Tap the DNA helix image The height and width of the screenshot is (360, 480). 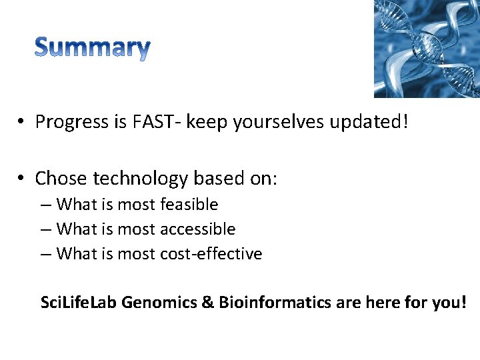427,49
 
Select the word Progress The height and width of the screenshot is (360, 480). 72,122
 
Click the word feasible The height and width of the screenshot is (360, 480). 189,204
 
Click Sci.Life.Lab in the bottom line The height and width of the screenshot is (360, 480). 79,303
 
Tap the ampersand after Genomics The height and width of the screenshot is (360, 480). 207,303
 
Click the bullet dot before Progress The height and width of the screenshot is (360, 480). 22,123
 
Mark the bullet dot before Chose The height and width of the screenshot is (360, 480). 22,179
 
